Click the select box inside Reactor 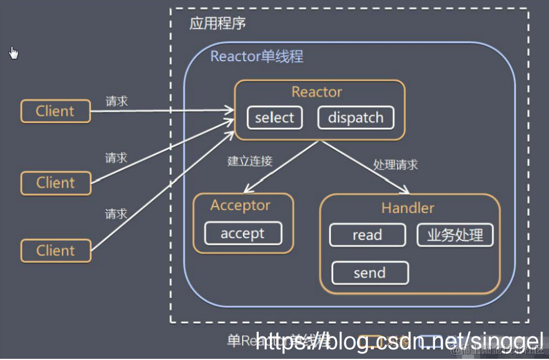click(x=274, y=118)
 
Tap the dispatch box click(x=356, y=118)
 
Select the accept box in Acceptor click(x=243, y=234)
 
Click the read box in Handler click(x=367, y=235)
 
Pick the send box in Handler click(x=370, y=273)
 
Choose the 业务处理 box click(x=455, y=235)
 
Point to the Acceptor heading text click(x=240, y=205)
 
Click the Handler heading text click(x=408, y=208)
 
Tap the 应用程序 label click(x=217, y=24)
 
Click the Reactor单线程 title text click(x=257, y=56)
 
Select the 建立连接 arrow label click(x=250, y=161)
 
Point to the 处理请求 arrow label click(x=396, y=164)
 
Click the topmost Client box click(x=55, y=111)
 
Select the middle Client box click(x=56, y=183)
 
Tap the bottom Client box click(x=56, y=251)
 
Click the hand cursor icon click(x=14, y=53)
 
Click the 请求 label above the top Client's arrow click(x=116, y=101)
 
